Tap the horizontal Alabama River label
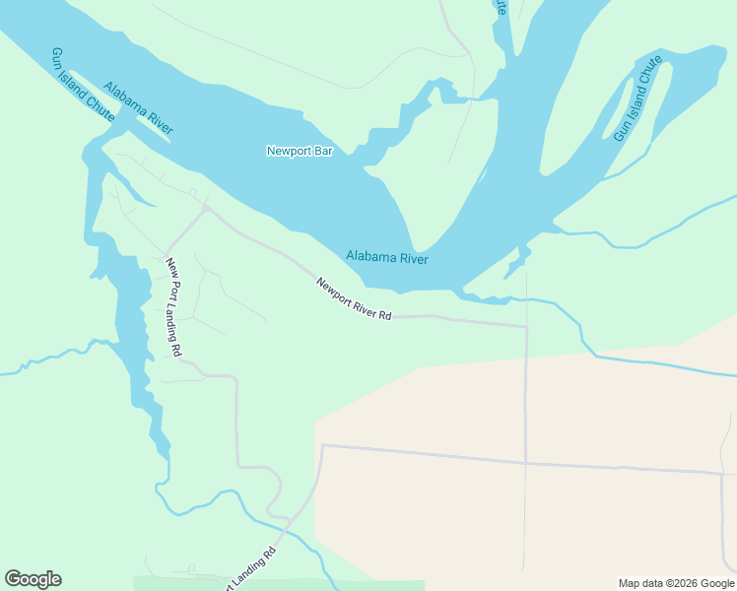(387, 258)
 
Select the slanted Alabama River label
(138, 107)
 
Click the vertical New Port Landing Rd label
(173, 306)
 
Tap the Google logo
(33, 579)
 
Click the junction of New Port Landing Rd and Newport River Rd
(206, 209)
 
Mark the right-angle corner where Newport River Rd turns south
(527, 326)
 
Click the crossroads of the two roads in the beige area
(526, 462)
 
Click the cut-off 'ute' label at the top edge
(502, 7)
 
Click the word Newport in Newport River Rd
(334, 291)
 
